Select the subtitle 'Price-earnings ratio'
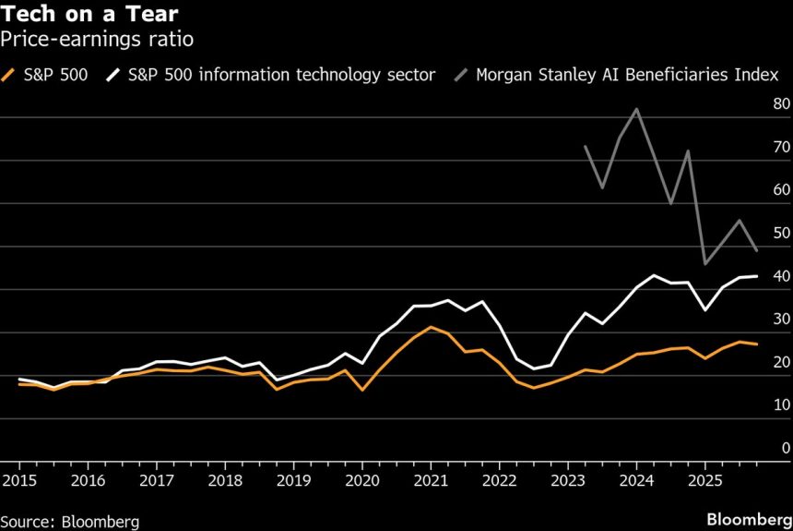coord(96,41)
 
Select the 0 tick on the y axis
coord(786,448)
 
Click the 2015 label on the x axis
coord(18,480)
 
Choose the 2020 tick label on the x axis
coord(361,480)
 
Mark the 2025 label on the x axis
coord(704,480)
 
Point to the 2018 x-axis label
coord(225,480)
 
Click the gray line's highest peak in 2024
coord(636,109)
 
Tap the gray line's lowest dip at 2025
coord(704,264)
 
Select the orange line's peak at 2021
coord(431,327)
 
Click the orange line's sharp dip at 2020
coord(361,390)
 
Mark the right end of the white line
coord(757,276)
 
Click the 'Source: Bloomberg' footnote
coord(70,522)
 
